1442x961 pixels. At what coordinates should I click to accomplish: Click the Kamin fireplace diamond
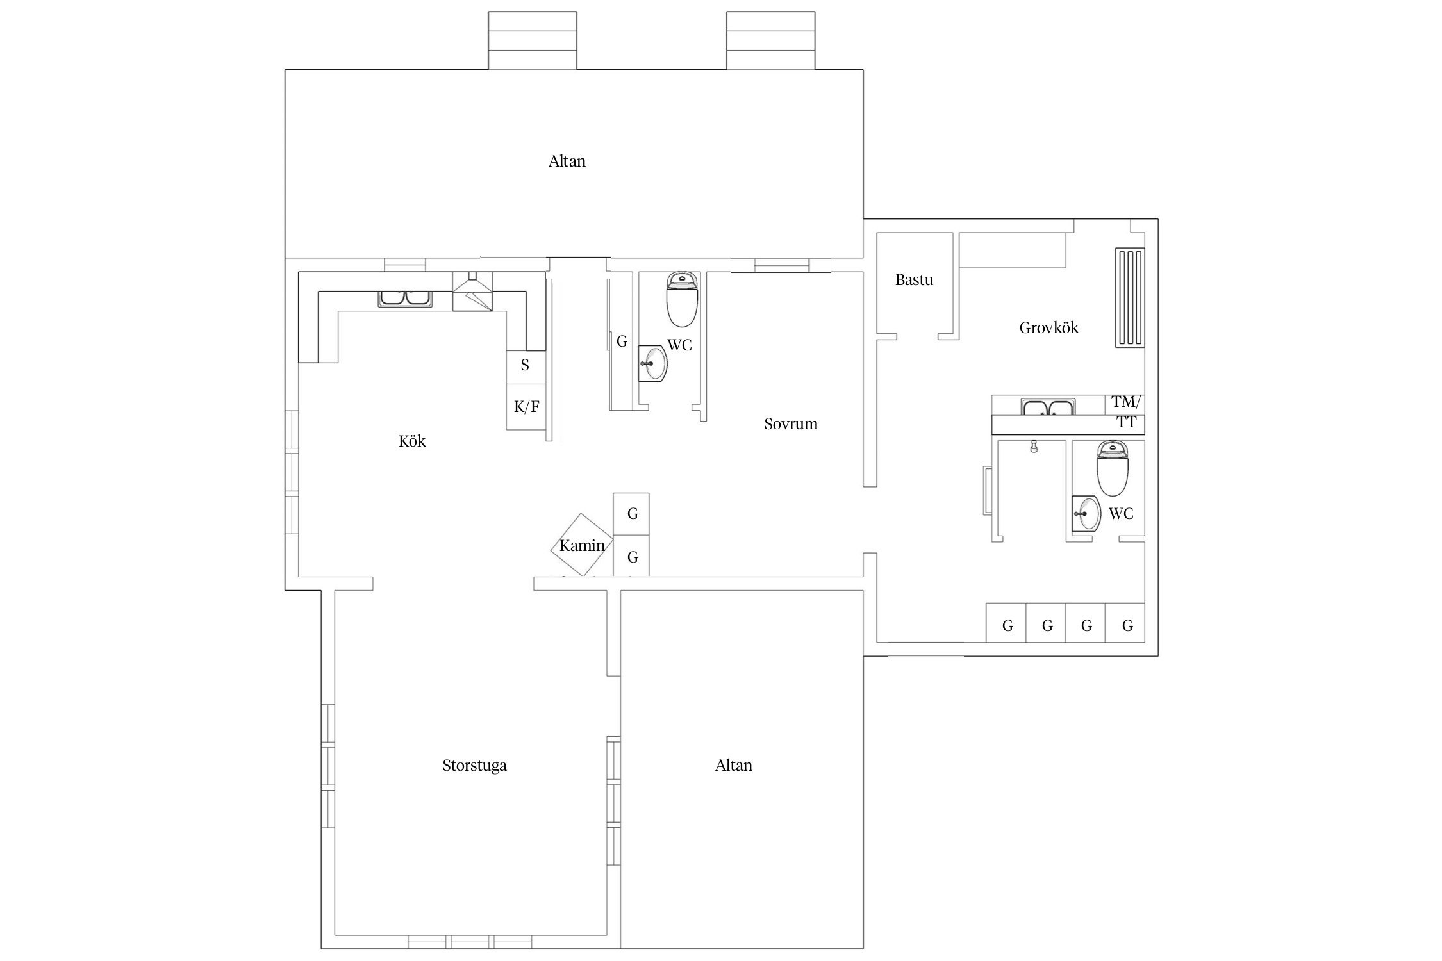pyautogui.click(x=582, y=545)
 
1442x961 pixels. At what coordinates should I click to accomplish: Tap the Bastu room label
pyautogui.click(x=914, y=280)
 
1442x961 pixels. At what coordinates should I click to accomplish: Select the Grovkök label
pyautogui.click(x=1048, y=328)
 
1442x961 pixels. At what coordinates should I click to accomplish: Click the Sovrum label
pyautogui.click(x=790, y=424)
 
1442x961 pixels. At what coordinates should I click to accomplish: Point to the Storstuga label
pyautogui.click(x=474, y=766)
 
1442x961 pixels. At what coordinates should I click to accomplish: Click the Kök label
pyautogui.click(x=411, y=441)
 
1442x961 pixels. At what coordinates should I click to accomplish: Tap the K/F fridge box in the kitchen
pyautogui.click(x=526, y=407)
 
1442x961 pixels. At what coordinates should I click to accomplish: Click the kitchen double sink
pyautogui.click(x=406, y=299)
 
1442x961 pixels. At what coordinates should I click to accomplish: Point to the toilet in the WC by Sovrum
pyautogui.click(x=682, y=300)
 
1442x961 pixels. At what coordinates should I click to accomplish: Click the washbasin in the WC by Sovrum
pyautogui.click(x=652, y=363)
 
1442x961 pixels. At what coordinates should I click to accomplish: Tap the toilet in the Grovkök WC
pyautogui.click(x=1112, y=468)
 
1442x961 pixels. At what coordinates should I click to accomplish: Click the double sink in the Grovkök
pyautogui.click(x=1048, y=407)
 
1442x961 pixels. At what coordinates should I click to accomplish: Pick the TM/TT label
pyautogui.click(x=1126, y=412)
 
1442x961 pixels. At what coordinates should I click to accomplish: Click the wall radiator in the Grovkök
pyautogui.click(x=1130, y=298)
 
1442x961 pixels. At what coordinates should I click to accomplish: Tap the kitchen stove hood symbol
pyautogui.click(x=472, y=292)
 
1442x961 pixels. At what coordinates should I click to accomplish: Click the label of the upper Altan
pyautogui.click(x=567, y=161)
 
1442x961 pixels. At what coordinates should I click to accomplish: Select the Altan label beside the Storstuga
pyautogui.click(x=734, y=766)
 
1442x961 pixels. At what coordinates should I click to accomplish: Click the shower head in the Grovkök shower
pyautogui.click(x=1034, y=447)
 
